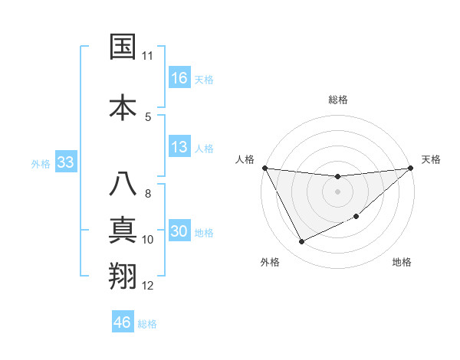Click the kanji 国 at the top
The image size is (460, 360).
tap(123, 47)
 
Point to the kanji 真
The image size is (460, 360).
tap(123, 231)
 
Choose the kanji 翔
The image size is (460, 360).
tap(123, 277)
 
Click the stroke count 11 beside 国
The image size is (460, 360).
tap(148, 56)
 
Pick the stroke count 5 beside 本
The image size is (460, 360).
tap(148, 116)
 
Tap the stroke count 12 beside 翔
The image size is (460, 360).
tap(148, 286)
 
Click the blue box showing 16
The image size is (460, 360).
tap(179, 78)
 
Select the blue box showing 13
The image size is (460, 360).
tap(179, 147)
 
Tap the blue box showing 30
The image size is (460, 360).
tap(179, 232)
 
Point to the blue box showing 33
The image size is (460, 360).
tap(65, 162)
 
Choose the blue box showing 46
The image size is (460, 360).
tap(123, 322)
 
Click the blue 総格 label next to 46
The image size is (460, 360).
tap(147, 324)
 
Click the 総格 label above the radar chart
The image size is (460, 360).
tap(338, 100)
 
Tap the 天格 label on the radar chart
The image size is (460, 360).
tap(431, 159)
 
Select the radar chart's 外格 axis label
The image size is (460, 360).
tap(270, 262)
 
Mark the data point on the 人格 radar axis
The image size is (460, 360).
tap(265, 168)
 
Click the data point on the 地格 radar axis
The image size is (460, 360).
tap(357, 216)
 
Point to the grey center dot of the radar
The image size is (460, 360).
tap(338, 191)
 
